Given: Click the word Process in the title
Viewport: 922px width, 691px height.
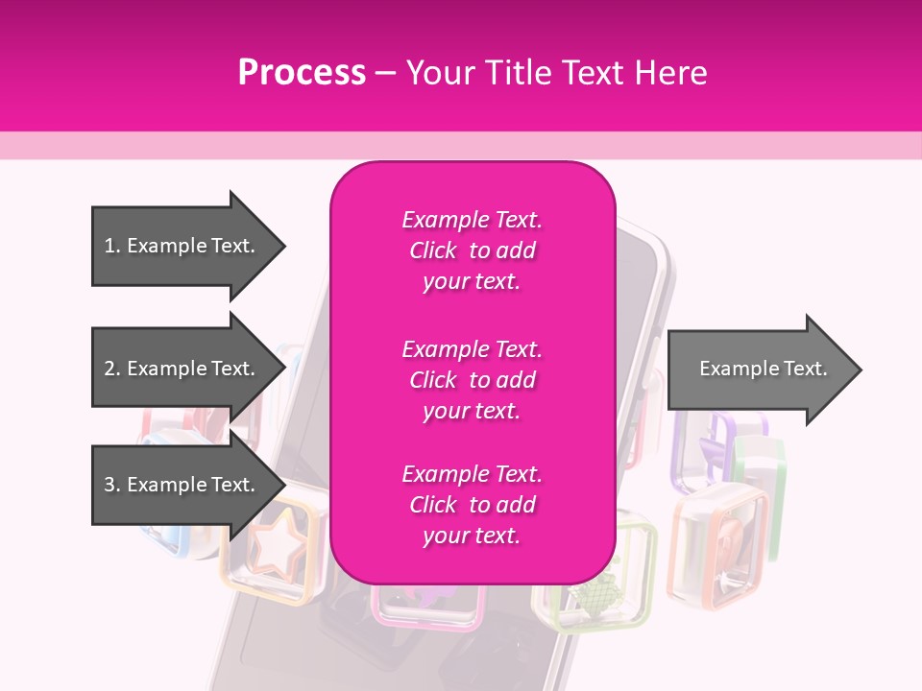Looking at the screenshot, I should pos(302,73).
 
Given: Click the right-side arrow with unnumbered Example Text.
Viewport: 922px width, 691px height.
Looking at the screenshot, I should pos(764,369).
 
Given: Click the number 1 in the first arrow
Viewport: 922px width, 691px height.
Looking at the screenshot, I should pos(110,246).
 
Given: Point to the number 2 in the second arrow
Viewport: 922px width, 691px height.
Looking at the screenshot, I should pos(110,369).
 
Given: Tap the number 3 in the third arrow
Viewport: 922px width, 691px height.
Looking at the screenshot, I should pos(110,485).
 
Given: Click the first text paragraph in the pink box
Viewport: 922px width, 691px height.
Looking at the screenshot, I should pos(472,250).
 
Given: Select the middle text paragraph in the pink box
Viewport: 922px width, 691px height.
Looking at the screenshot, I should pos(472,380).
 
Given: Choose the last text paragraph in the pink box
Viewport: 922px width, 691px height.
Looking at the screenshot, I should pos(472,505).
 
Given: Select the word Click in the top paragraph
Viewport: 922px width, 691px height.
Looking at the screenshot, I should pos(433,250).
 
